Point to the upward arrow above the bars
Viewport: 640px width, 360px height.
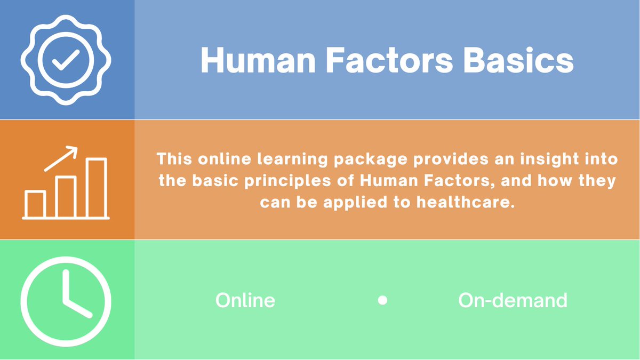coord(61,158)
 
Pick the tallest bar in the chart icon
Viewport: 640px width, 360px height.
coord(97,188)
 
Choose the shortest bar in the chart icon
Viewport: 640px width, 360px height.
coord(35,204)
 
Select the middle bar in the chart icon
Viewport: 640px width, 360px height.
coord(66,196)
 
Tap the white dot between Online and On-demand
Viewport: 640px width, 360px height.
coord(382,300)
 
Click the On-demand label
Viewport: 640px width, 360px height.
coord(513,301)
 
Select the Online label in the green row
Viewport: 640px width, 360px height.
coord(245,300)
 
